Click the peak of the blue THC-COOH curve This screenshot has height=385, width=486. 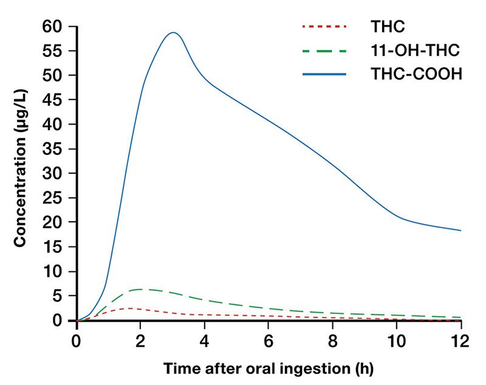pyautogui.click(x=173, y=33)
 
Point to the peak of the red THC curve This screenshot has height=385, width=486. pyautogui.click(x=129, y=308)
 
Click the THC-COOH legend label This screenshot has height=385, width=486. pyautogui.click(x=416, y=75)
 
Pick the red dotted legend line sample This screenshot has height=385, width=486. pyautogui.click(x=324, y=27)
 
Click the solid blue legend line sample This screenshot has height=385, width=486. pyautogui.click(x=324, y=75)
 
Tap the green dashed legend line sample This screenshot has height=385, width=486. pyautogui.click(x=324, y=50)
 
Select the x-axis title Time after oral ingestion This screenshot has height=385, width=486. pyautogui.click(x=268, y=368)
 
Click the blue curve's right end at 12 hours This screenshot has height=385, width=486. pyautogui.click(x=460, y=231)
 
